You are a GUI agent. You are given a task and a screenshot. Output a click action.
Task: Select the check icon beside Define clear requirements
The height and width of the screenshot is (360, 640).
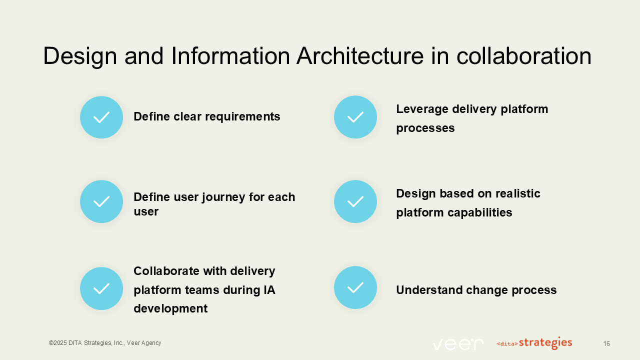click(x=101, y=117)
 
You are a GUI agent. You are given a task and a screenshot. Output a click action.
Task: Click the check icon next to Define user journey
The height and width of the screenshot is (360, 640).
click(x=101, y=201)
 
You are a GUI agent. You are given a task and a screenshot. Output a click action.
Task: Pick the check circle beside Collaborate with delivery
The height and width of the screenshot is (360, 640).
click(x=101, y=288)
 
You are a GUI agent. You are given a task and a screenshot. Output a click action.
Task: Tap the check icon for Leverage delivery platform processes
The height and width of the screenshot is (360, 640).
click(x=355, y=117)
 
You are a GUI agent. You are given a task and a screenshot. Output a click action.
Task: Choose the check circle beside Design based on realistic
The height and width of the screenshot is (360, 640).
click(x=355, y=201)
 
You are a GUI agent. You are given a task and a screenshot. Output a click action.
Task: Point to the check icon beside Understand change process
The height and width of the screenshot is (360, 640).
click(x=355, y=287)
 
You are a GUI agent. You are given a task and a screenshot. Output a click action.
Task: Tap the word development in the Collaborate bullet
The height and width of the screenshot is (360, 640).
click(x=170, y=308)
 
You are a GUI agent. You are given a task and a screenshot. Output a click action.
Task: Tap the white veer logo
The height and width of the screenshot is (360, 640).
click(x=458, y=344)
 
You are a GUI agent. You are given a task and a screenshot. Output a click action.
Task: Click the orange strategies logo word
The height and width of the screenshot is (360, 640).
click(x=545, y=343)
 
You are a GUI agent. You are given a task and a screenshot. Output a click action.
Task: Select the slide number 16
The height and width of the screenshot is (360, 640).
click(x=606, y=343)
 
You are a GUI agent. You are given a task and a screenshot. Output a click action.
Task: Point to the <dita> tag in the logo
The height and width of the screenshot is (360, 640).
click(x=507, y=344)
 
